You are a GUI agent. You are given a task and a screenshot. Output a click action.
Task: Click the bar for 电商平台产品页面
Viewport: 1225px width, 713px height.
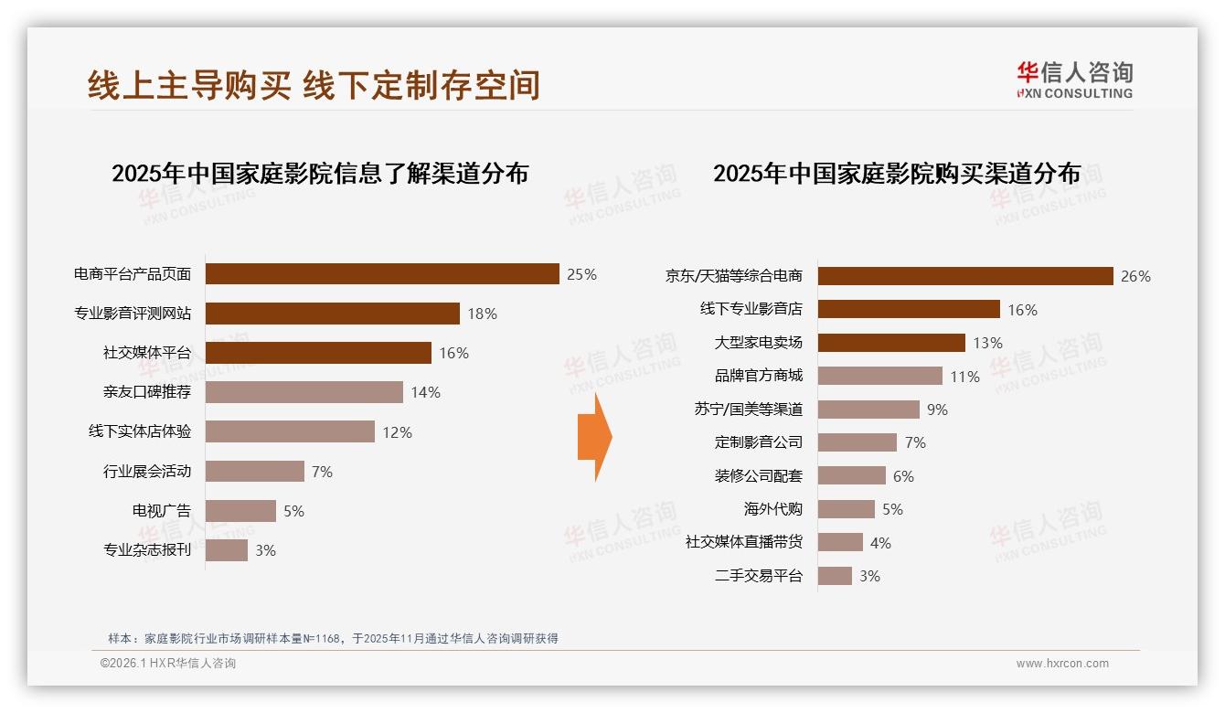[381, 274]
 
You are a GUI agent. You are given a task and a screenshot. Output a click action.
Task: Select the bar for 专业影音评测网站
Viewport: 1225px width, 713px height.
[332, 314]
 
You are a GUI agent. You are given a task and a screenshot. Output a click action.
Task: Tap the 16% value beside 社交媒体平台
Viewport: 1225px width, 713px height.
[454, 353]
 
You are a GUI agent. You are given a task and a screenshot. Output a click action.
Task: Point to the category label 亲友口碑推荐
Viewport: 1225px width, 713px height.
[147, 392]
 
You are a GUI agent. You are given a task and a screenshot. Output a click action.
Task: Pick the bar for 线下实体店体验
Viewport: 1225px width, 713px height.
[290, 431]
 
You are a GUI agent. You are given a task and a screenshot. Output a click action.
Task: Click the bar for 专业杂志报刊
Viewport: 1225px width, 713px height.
[227, 550]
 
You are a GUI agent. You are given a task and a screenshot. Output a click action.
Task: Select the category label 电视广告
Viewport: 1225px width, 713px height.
[162, 511]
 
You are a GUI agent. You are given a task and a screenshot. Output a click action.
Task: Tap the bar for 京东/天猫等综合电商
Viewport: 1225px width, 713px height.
[964, 276]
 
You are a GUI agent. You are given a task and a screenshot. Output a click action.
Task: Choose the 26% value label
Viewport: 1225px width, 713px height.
[1135, 276]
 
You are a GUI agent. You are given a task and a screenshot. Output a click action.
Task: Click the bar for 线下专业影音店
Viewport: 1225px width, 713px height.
[908, 309]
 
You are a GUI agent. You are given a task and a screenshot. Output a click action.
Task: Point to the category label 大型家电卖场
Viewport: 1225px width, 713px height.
[758, 343]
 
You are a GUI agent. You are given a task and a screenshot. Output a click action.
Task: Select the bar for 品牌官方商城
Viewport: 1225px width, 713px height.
[879, 376]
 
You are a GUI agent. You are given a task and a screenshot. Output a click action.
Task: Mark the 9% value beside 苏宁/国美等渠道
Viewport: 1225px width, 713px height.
[937, 410]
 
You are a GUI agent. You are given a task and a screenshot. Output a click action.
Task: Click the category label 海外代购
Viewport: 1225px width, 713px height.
[772, 509]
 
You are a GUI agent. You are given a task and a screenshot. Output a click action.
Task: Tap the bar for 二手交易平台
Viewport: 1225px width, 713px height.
[835, 576]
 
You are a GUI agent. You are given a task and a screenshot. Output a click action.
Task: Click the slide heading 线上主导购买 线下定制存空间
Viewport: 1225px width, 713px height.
[314, 85]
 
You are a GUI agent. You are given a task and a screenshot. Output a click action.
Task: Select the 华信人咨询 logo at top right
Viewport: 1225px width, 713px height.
[1074, 80]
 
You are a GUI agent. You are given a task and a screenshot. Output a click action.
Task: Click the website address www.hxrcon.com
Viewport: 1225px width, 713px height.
[1062, 664]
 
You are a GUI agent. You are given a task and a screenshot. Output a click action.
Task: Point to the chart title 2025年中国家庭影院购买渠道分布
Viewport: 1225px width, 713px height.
[897, 174]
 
